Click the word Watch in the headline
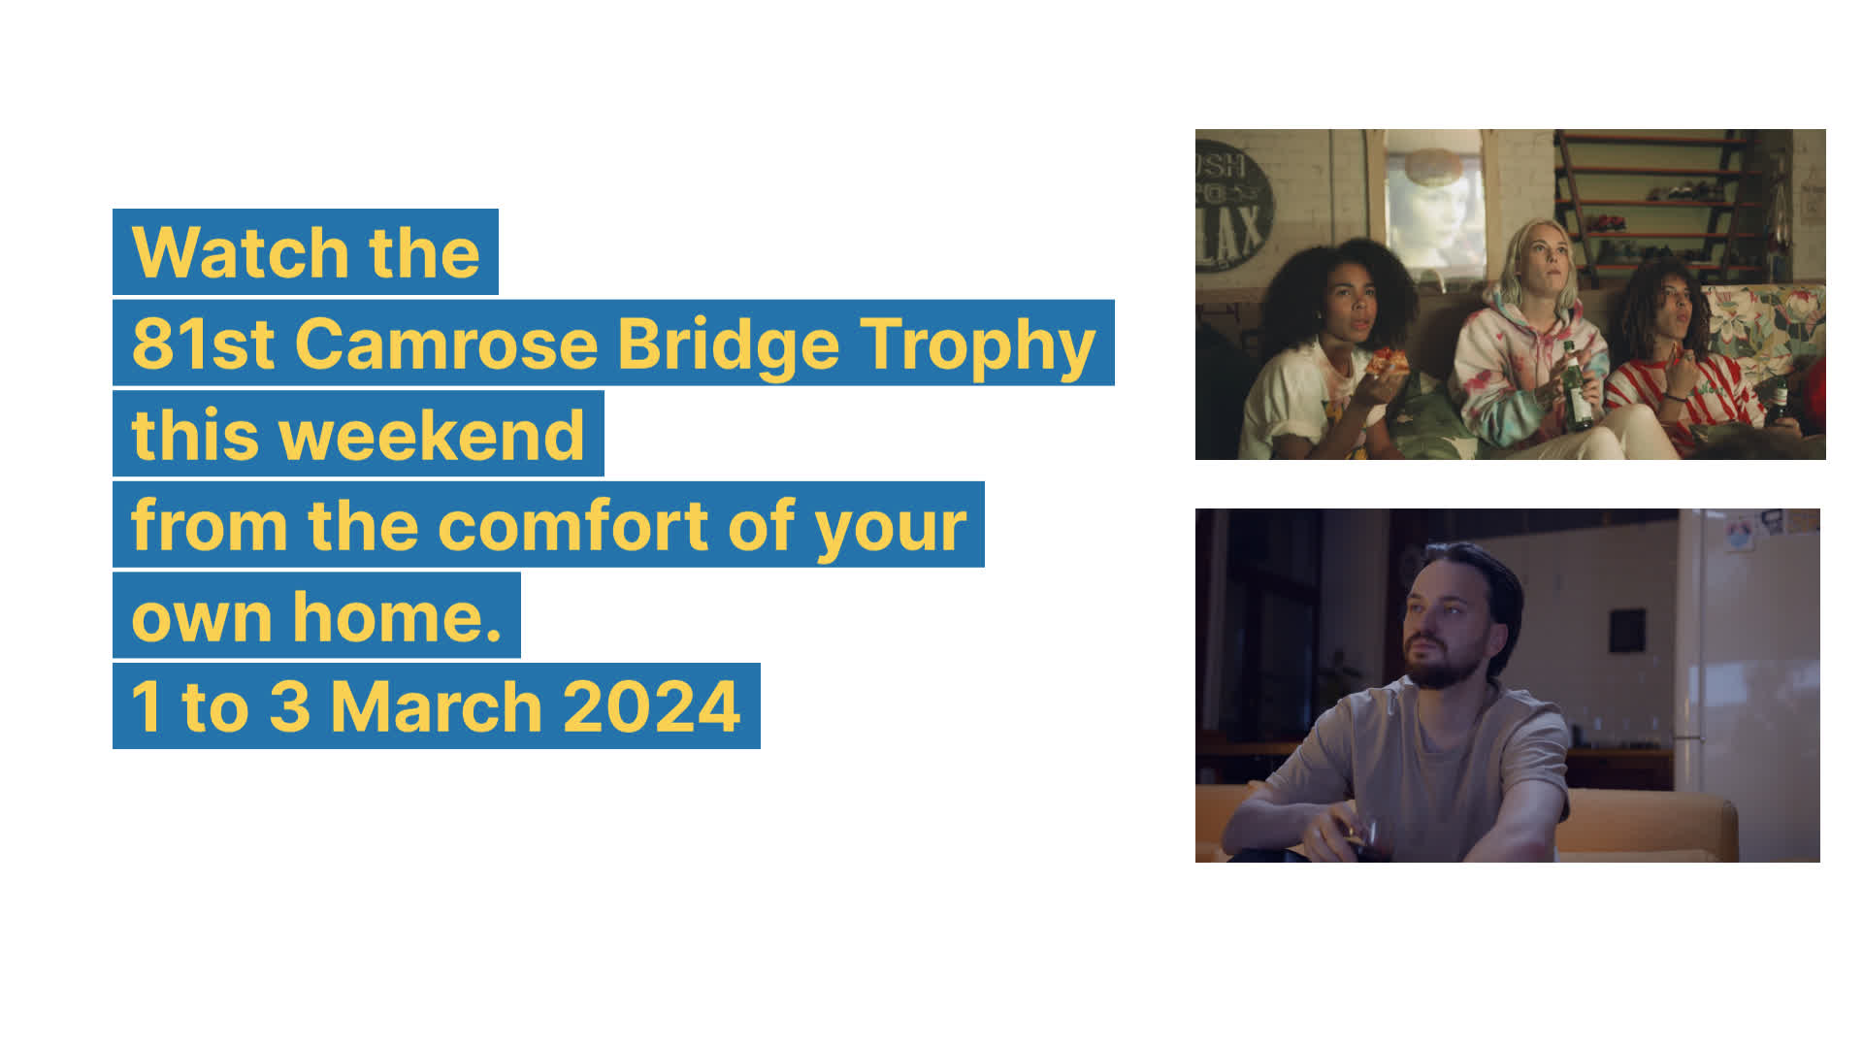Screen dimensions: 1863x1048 tap(240, 252)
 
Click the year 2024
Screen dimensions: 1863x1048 tap(651, 706)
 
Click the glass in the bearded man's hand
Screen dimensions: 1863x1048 tap(1362, 837)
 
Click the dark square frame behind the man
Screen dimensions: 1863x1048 tap(1627, 631)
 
